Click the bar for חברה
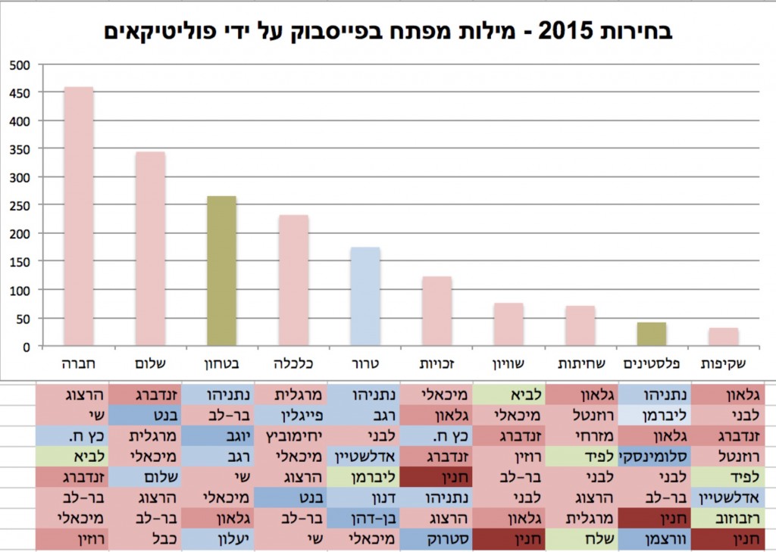(78, 217)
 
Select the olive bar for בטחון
(221, 271)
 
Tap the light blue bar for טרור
(365, 297)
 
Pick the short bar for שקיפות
(724, 337)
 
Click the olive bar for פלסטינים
(652, 334)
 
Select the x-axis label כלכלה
(293, 363)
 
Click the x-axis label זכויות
(436, 363)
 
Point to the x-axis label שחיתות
(580, 363)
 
